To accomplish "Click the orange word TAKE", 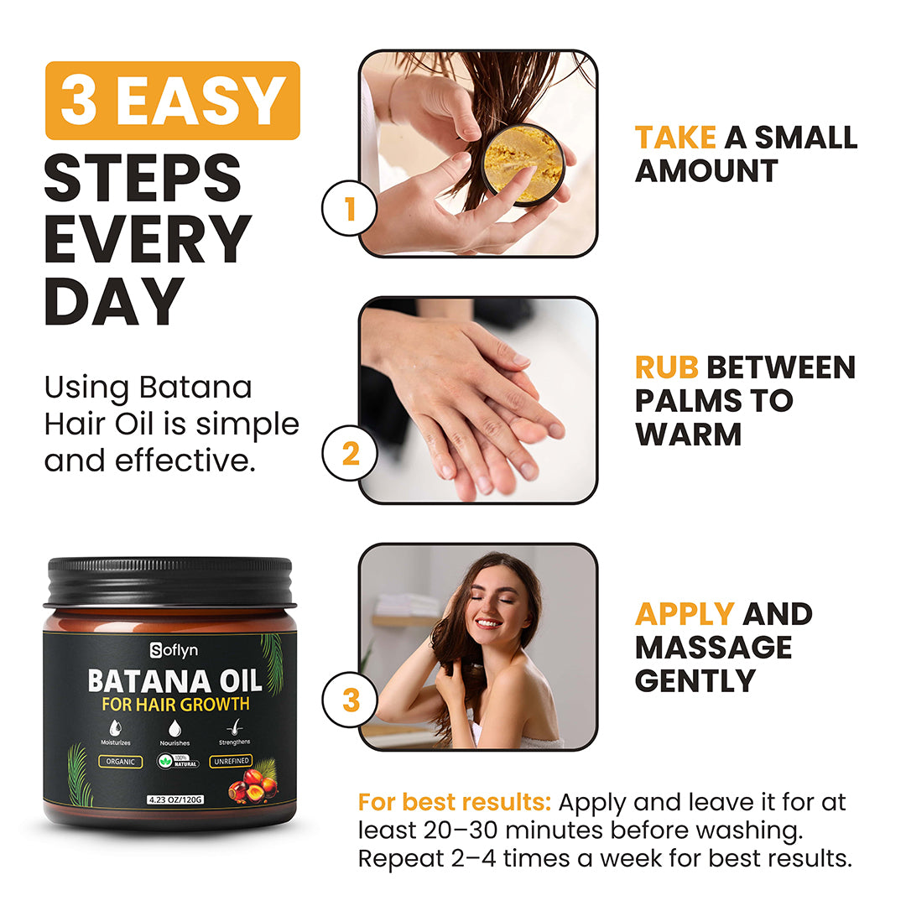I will tap(675, 137).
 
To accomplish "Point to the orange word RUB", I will tap(667, 367).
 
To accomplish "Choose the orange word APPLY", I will tap(685, 613).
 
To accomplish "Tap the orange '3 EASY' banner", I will tap(172, 101).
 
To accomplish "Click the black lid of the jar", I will tap(169, 581).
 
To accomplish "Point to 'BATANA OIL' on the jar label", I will tap(175, 679).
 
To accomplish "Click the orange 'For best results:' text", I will tap(454, 802).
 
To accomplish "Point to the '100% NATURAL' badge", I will tap(177, 762).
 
